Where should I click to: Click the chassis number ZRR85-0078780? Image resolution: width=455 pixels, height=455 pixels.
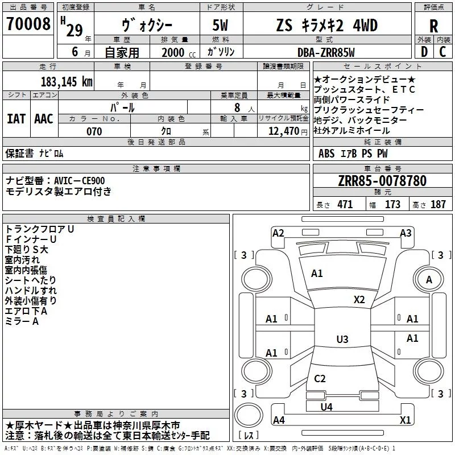tap(382, 181)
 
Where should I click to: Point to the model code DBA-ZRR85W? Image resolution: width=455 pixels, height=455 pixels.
tap(326, 52)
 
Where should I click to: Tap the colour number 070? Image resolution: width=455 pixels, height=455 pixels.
tap(94, 131)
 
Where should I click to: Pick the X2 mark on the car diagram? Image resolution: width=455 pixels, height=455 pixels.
tap(359, 299)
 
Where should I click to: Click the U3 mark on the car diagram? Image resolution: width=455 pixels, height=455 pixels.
tap(342, 340)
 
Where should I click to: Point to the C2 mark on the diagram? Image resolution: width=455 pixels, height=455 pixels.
tap(320, 378)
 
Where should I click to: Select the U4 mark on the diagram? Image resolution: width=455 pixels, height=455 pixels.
tap(326, 407)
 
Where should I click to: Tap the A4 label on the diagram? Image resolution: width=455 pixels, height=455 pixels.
tap(279, 420)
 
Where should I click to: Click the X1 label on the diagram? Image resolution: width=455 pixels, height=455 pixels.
tap(406, 420)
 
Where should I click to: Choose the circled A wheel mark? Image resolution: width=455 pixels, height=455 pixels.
tap(429, 279)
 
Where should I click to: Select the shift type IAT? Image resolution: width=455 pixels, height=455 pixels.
tap(16, 118)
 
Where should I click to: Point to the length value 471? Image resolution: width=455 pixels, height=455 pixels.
tap(344, 205)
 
